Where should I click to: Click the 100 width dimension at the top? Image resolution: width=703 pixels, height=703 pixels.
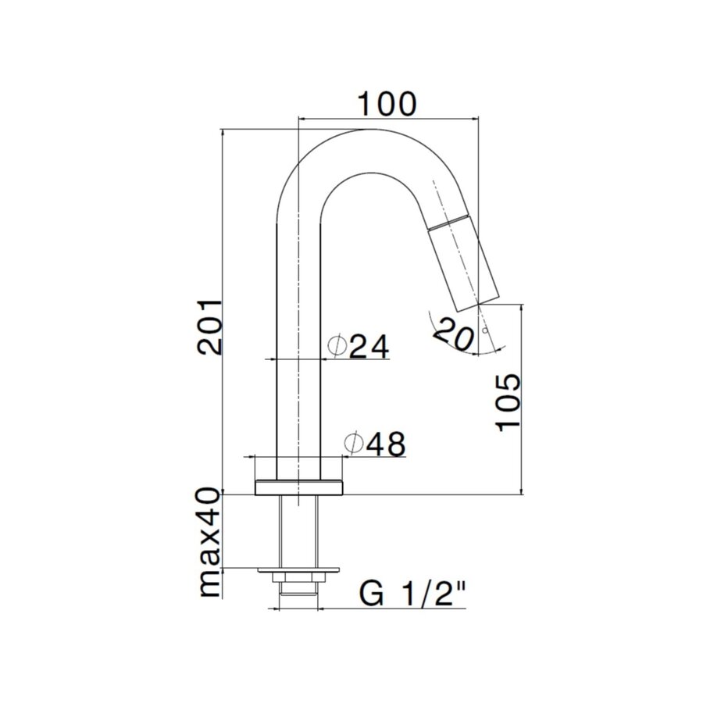387,103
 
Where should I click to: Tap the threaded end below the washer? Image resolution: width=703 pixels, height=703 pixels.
299,597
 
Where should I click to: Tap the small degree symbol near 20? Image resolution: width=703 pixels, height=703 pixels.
486,331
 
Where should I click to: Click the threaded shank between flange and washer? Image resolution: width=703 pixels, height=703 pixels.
299,531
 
